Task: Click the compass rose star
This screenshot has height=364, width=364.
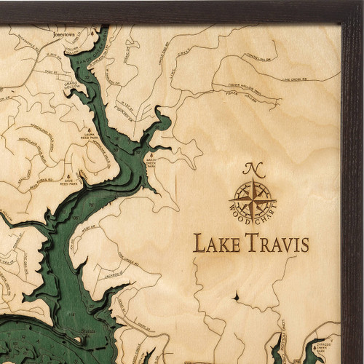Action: (252, 197)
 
